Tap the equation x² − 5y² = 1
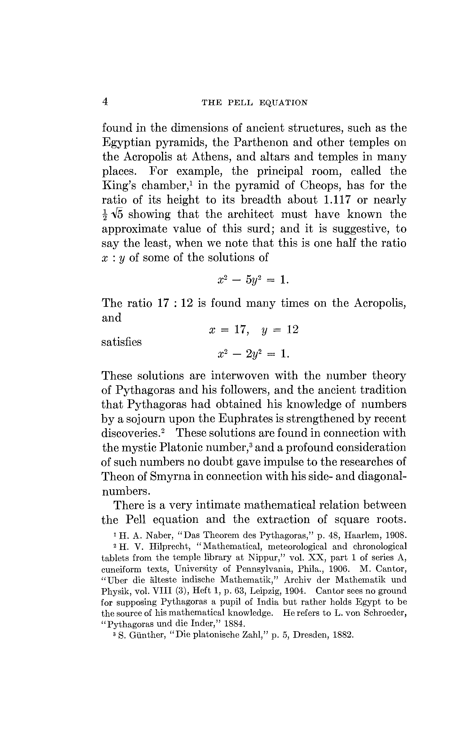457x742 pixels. click(253, 280)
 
